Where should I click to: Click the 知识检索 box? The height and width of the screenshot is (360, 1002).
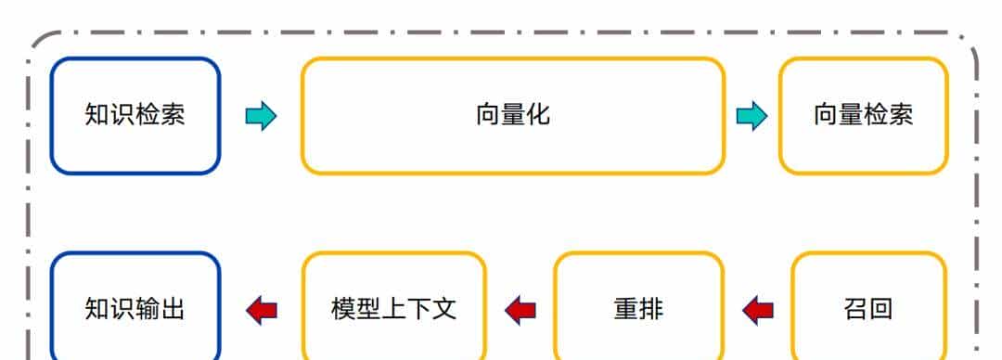tap(135, 115)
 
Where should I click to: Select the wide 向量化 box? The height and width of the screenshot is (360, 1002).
tap(512, 115)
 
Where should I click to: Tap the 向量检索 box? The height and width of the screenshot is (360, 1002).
tap(863, 115)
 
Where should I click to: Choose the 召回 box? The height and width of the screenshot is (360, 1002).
tap(868, 308)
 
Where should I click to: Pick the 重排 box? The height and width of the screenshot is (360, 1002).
tap(638, 308)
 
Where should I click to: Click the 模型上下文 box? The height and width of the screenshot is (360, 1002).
tap(393, 308)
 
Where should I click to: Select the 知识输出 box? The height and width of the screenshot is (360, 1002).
tap(135, 308)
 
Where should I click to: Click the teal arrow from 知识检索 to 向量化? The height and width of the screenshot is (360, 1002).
tap(261, 116)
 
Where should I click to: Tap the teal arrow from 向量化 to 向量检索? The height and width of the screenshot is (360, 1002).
tap(751, 116)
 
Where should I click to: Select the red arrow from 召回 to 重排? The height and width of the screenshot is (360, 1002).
tap(758, 309)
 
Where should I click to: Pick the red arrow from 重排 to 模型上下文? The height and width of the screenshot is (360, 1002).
tap(520, 309)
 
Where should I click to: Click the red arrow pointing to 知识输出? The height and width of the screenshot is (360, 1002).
tap(262, 309)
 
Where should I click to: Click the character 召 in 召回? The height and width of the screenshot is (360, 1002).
tap(855, 308)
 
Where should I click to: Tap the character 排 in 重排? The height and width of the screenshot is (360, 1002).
tap(651, 308)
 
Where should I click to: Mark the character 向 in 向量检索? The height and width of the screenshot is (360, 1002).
tap(826, 115)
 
